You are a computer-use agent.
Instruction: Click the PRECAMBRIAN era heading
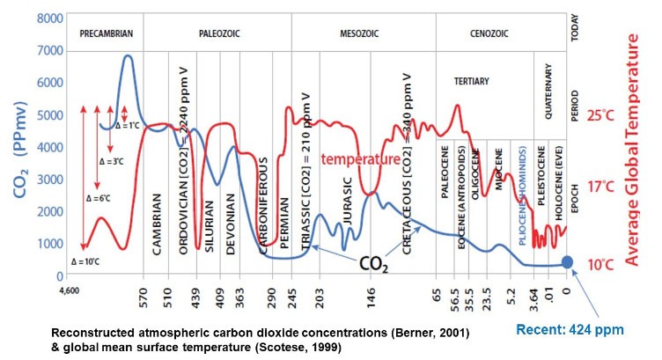[x=106, y=33]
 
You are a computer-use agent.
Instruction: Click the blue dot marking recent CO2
[x=568, y=261]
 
